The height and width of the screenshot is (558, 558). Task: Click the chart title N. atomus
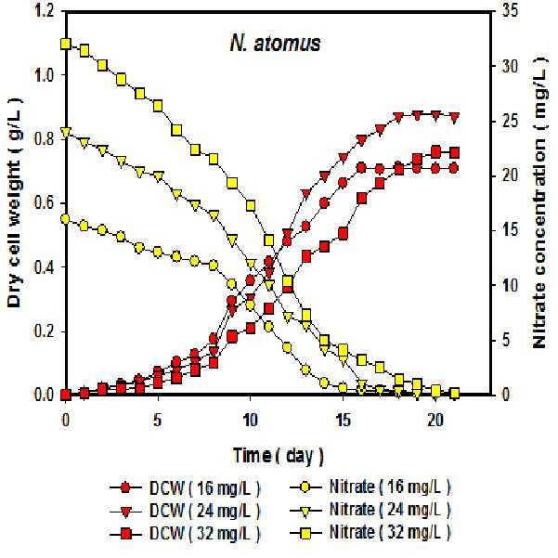(x=275, y=45)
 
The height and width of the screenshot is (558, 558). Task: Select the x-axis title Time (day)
(x=278, y=456)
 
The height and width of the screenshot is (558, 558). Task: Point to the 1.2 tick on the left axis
(x=44, y=11)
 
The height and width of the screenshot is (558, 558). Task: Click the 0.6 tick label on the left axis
(x=44, y=203)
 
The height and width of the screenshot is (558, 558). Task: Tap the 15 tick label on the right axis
(x=509, y=230)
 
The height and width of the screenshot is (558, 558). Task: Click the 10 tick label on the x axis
(x=250, y=421)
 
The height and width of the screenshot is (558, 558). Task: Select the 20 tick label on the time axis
(x=435, y=421)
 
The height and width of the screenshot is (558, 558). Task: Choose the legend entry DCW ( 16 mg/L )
(x=185, y=487)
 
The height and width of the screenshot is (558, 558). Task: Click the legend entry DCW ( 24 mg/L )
(x=185, y=511)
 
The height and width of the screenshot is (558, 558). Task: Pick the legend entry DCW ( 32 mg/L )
(x=185, y=534)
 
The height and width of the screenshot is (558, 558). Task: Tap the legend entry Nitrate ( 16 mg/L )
(x=370, y=487)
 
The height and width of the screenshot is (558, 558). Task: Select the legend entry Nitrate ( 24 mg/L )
(x=370, y=510)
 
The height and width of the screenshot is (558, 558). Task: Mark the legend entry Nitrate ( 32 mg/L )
(x=370, y=533)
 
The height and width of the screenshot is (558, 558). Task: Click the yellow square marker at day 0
(x=66, y=45)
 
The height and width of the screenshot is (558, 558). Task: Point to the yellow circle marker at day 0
(x=66, y=219)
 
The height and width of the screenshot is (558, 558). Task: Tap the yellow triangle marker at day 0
(x=66, y=133)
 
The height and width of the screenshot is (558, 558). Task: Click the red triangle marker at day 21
(x=454, y=118)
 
